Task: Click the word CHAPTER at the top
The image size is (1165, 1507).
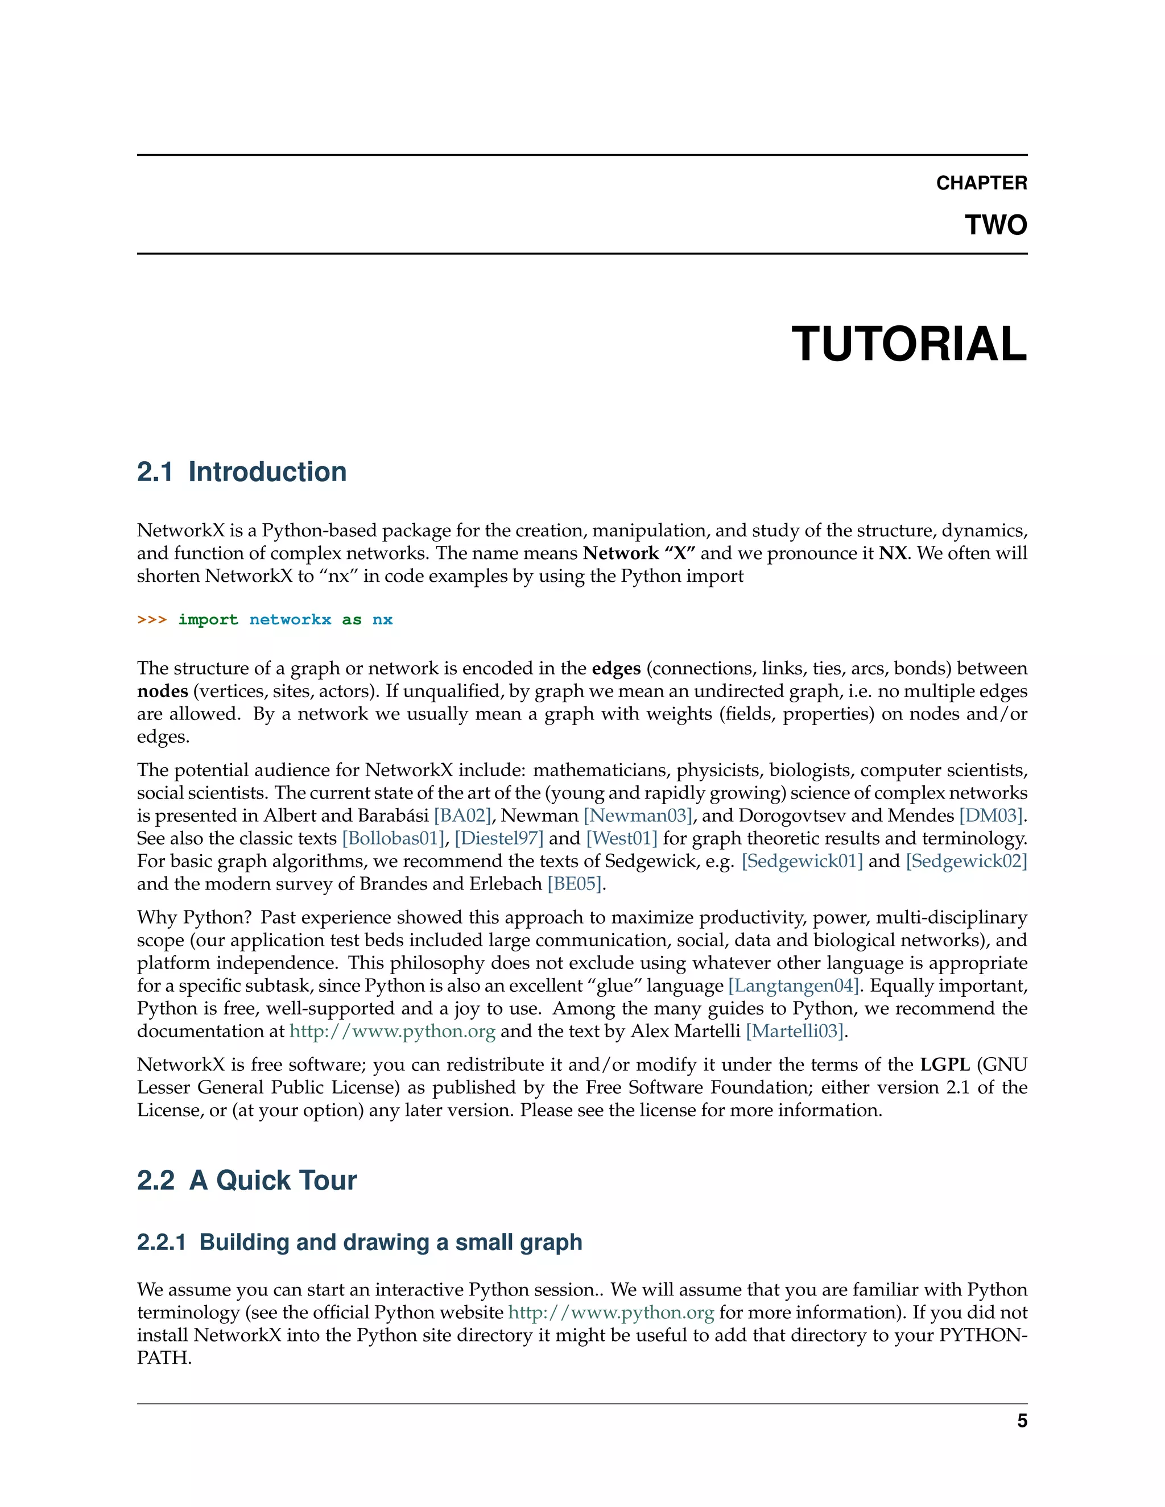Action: (981, 183)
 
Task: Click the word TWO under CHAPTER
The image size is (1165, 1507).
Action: (995, 225)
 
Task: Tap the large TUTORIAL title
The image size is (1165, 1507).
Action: (908, 343)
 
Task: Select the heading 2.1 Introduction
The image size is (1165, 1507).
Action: (242, 472)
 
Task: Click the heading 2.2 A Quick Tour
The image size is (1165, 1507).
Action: (246, 1181)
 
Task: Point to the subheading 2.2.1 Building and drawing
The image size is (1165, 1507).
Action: (360, 1242)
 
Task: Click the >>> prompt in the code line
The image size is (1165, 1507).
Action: (152, 620)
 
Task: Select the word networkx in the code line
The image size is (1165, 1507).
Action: (290, 620)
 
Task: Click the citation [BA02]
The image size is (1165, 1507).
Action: (462, 815)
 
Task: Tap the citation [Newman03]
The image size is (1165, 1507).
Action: (638, 815)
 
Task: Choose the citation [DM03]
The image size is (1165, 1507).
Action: (991, 815)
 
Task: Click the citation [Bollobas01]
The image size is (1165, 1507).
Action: (394, 838)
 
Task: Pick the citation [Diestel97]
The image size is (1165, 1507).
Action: (499, 838)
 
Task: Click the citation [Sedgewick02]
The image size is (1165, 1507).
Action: (966, 861)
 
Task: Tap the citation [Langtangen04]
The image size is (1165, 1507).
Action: (794, 986)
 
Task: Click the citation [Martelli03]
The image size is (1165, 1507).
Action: (795, 1031)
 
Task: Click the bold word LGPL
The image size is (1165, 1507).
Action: (945, 1065)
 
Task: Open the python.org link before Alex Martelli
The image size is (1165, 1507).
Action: (392, 1031)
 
